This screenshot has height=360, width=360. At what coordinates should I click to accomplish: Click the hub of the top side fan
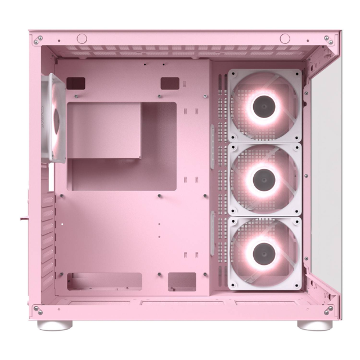pyautogui.click(x=264, y=105)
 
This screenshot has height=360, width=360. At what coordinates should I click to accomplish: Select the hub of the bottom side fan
pyautogui.click(x=264, y=253)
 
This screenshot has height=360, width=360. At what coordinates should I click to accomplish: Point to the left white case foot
pyautogui.click(x=55, y=325)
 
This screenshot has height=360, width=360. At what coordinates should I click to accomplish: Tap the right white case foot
pyautogui.click(x=314, y=325)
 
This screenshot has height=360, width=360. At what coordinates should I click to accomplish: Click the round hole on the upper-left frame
pyautogui.click(x=82, y=38)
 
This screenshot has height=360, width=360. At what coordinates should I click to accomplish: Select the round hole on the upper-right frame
pyautogui.click(x=285, y=38)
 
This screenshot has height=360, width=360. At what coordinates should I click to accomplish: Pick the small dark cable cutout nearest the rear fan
pyautogui.click(x=75, y=83)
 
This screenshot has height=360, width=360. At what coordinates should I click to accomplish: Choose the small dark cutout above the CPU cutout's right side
pyautogui.click(x=169, y=83)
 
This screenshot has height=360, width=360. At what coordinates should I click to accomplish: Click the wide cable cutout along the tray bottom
pyautogui.click(x=105, y=281)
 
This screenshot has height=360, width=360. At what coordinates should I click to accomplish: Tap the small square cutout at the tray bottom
pyautogui.click(x=182, y=281)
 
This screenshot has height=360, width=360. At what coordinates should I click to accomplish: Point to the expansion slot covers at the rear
pyautogui.click(x=49, y=236)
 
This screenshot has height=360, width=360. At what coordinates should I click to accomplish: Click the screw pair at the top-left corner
pyautogui.click(x=38, y=40)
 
